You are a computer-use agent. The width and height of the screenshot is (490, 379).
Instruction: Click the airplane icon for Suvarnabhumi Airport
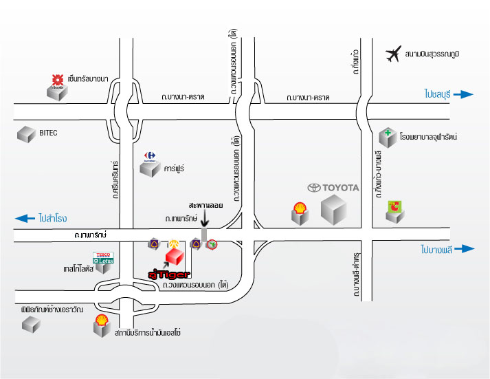(x=394, y=54)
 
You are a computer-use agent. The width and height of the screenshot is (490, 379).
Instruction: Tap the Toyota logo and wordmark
(x=333, y=187)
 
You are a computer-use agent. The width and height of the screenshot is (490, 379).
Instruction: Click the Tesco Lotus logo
(x=103, y=257)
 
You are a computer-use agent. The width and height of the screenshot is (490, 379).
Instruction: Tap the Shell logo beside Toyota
(x=300, y=207)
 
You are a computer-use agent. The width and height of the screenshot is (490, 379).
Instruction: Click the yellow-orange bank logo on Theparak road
(x=174, y=243)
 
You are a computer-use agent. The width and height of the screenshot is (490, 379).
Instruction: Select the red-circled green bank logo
(x=212, y=243)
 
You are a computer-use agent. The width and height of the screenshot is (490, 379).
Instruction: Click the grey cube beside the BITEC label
(x=27, y=134)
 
